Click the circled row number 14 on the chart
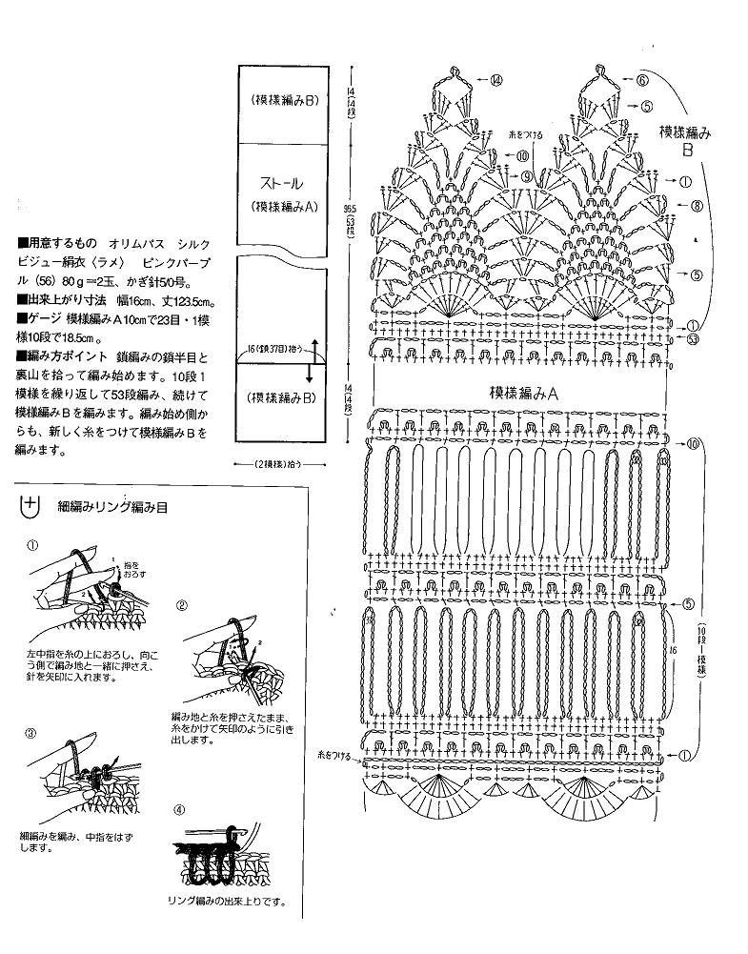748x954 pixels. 497,81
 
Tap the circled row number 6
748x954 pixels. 643,81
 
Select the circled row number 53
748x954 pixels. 692,338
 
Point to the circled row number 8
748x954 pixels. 697,205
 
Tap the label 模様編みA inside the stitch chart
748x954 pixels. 524,392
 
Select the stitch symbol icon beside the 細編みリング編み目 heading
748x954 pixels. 31,506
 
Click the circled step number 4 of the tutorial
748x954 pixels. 179,810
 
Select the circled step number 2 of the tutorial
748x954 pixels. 182,605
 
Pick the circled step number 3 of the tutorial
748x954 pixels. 31,734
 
